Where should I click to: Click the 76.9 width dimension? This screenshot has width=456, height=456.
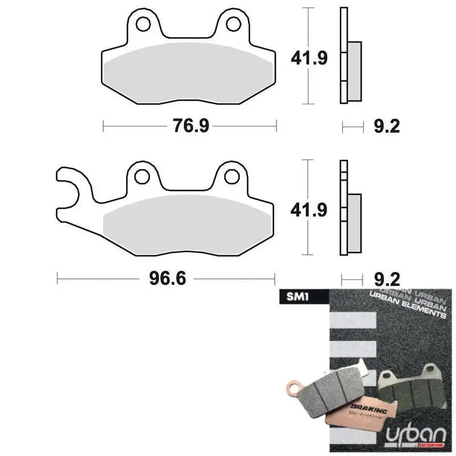[x=190, y=125]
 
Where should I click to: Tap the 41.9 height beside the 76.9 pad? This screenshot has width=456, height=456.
[x=310, y=57]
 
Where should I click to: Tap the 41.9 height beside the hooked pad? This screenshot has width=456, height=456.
[x=310, y=210]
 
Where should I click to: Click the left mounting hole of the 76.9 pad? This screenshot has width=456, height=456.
[x=142, y=24]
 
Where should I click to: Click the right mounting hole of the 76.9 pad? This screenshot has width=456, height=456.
[x=233, y=24]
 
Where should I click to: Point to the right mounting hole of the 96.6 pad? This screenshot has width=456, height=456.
[x=232, y=176]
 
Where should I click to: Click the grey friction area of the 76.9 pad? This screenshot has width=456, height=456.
[x=188, y=71]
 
